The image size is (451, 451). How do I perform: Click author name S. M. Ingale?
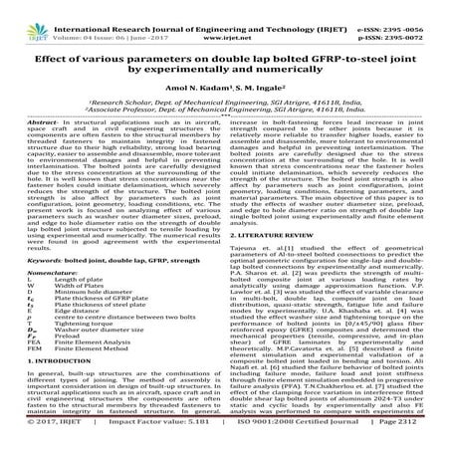click(258, 88)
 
